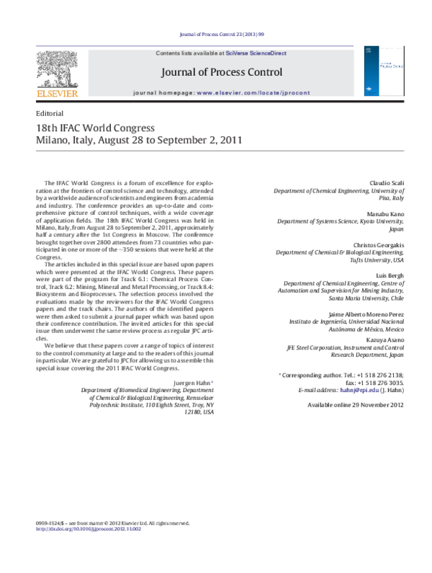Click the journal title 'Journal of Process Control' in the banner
[221, 72]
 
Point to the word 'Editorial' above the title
[50, 114]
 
